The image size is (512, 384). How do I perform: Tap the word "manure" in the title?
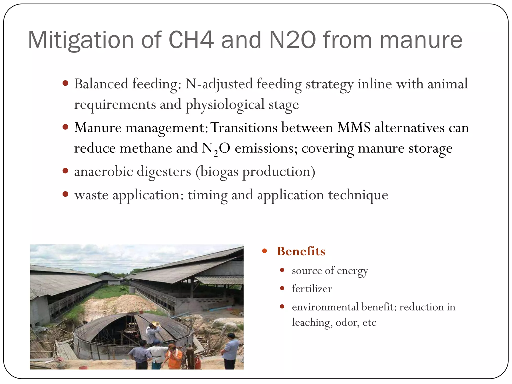click(421, 40)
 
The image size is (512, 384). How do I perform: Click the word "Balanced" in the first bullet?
click(101, 84)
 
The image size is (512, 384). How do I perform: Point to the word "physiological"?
click(225, 104)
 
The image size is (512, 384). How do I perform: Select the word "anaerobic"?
click(103, 171)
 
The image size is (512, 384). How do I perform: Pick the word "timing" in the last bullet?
click(207, 195)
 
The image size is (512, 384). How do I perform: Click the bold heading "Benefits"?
click(301, 251)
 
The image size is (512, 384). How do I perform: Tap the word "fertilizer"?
click(312, 289)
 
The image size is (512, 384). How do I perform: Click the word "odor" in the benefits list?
click(347, 322)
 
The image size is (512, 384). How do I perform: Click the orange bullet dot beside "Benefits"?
click(264, 251)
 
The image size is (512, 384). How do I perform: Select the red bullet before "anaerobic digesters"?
click(65, 171)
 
